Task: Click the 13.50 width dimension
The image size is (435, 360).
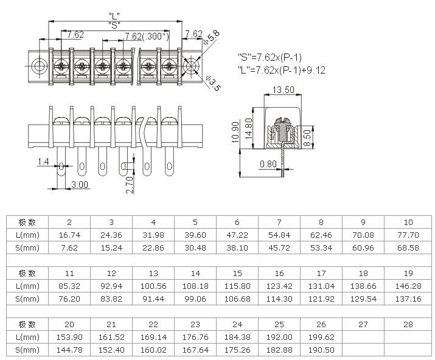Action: pyautogui.click(x=284, y=89)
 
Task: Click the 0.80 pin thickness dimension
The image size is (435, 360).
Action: pyautogui.click(x=268, y=164)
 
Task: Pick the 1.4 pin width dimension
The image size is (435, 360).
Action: pyautogui.click(x=43, y=162)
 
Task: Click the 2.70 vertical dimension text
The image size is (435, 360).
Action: pyautogui.click(x=130, y=184)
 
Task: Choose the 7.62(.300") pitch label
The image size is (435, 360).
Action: pyautogui.click(x=146, y=36)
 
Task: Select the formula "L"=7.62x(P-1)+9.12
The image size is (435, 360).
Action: pyautogui.click(x=281, y=70)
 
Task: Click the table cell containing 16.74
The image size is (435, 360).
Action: pyautogui.click(x=69, y=235)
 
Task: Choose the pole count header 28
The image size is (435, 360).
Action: pyautogui.click(x=408, y=324)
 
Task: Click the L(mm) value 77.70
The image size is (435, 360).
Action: pyautogui.click(x=408, y=235)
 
